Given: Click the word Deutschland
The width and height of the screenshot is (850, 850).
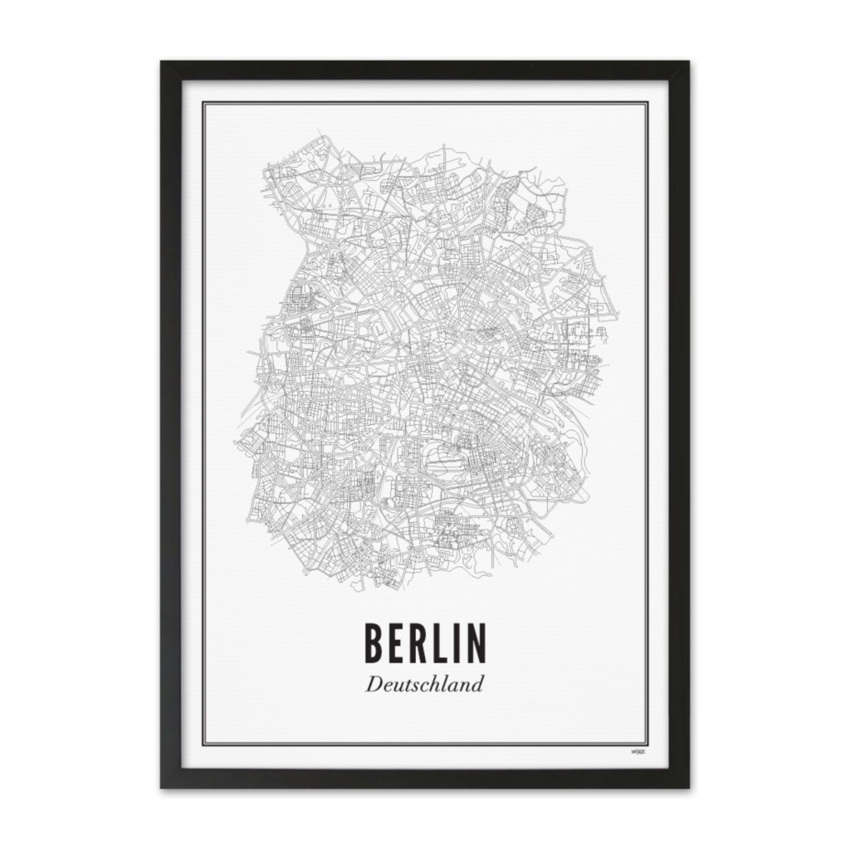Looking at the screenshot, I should tap(424, 686).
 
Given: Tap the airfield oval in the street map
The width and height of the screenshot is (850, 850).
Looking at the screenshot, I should tap(438, 454).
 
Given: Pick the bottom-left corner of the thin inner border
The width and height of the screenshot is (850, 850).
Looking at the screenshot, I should tap(204, 745).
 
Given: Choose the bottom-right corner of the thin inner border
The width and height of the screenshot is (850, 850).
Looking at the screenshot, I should tap(647, 745).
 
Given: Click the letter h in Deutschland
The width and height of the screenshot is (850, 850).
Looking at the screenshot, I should tap(432, 686).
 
